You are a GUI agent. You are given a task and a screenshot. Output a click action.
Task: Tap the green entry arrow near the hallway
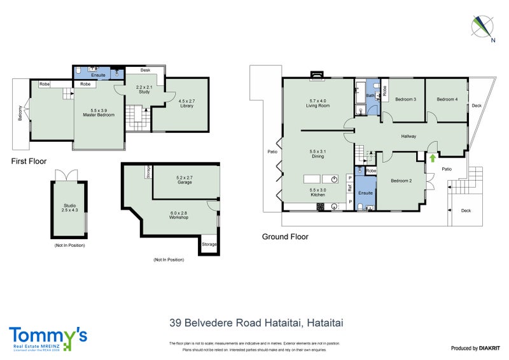click(433, 158)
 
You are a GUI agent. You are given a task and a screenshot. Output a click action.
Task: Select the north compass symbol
click(484, 26)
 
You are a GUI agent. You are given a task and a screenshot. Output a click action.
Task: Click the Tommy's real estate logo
click(48, 337)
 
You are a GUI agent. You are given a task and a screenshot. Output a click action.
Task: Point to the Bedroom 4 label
click(447, 99)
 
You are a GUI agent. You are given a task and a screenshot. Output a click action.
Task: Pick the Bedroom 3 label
click(406, 99)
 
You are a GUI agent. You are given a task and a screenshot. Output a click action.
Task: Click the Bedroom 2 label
click(401, 181)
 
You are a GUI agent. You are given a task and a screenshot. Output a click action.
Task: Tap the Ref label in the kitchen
click(349, 188)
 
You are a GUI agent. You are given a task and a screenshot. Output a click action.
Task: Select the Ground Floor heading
click(285, 237)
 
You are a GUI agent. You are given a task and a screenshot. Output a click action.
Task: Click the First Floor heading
click(29, 162)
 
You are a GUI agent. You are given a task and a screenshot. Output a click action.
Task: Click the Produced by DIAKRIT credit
click(474, 348)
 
